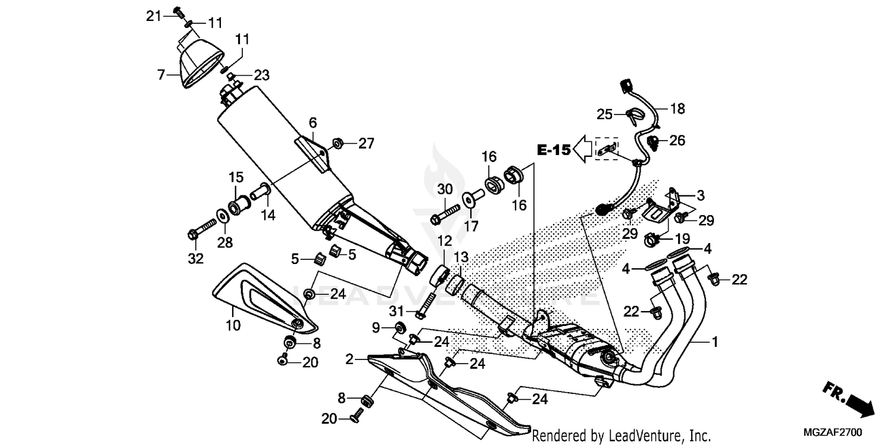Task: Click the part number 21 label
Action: [154, 16]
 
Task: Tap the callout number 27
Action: [366, 143]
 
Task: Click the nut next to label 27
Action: [337, 143]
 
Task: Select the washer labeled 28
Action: [221, 215]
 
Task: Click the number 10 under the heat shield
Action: [233, 325]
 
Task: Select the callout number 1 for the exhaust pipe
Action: [715, 342]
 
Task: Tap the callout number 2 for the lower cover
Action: [350, 359]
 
